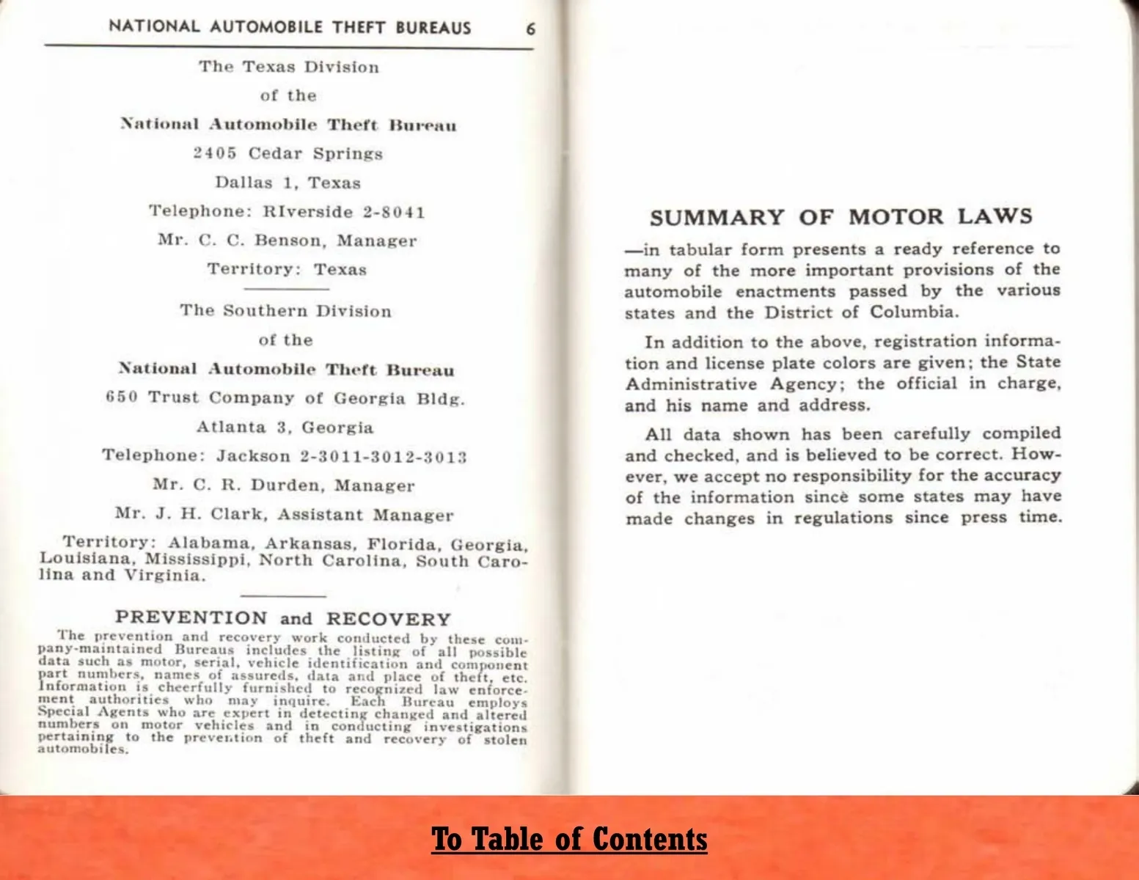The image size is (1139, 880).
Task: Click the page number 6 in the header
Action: (x=530, y=29)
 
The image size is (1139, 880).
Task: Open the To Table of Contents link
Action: (x=569, y=839)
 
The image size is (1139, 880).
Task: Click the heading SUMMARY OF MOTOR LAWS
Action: (x=840, y=217)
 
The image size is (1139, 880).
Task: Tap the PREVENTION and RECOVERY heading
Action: (x=283, y=618)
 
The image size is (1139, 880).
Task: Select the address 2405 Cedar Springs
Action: (x=288, y=154)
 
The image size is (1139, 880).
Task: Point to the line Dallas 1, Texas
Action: (x=288, y=183)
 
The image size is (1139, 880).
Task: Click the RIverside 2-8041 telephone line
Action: (x=288, y=212)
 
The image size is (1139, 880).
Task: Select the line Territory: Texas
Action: (x=287, y=269)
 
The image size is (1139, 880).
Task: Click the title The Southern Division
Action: (x=286, y=311)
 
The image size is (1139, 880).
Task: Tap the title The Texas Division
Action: (x=289, y=67)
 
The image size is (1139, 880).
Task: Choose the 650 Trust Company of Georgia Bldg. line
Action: (x=285, y=398)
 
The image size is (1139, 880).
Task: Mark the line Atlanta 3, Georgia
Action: (x=285, y=428)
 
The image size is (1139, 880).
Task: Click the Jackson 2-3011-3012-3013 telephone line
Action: (x=285, y=456)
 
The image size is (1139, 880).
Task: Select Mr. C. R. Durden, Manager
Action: (x=284, y=485)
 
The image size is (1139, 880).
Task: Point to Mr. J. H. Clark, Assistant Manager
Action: (x=284, y=515)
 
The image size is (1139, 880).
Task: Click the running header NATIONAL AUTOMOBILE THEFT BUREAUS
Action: (x=290, y=28)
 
